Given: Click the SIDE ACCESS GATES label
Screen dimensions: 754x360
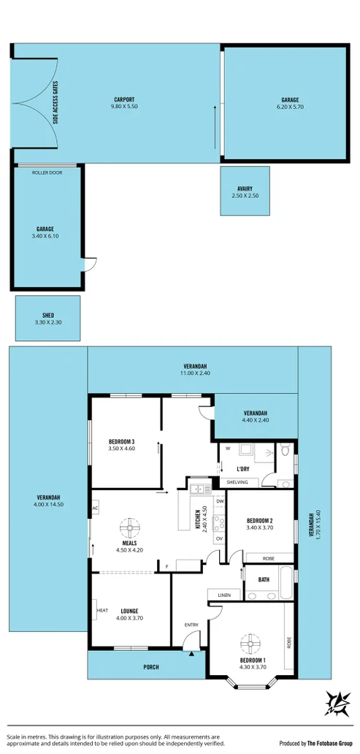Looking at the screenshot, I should click(55, 103).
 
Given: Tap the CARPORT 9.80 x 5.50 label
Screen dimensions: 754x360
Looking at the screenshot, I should click(124, 103).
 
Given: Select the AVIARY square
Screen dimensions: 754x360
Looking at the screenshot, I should click(245, 191).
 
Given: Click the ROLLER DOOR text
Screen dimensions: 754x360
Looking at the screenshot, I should click(46, 172).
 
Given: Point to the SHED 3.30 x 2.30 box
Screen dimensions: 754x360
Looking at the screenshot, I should click(48, 319).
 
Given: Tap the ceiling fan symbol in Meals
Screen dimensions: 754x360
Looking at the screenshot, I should click(130, 526).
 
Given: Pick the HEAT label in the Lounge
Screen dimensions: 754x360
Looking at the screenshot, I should click(102, 611).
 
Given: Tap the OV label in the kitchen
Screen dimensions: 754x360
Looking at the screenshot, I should click(218, 538).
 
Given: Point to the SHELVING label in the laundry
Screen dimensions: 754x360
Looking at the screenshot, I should click(237, 482).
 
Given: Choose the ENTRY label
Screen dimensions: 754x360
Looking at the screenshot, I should click(191, 625).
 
